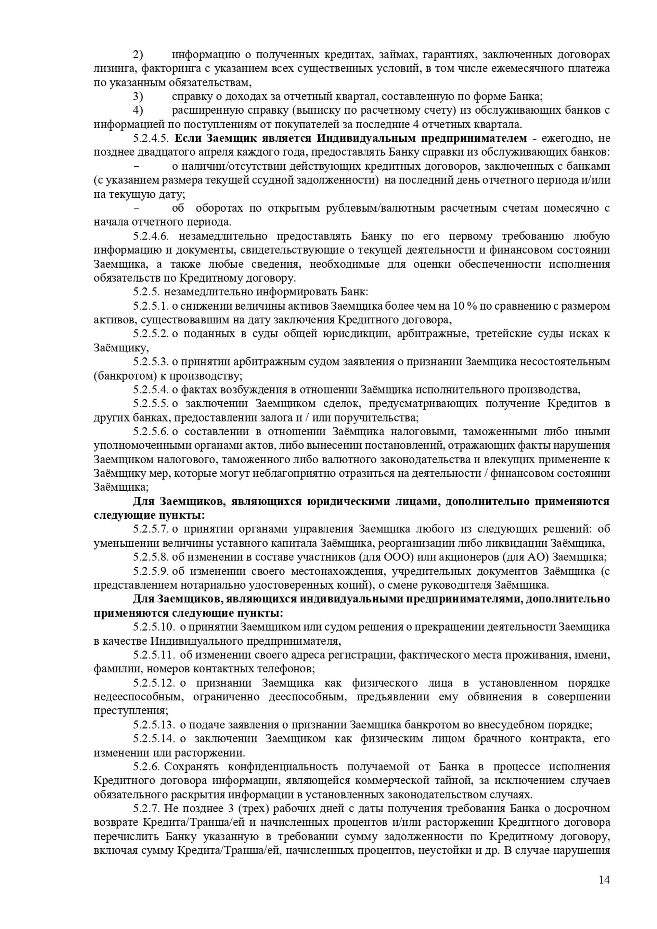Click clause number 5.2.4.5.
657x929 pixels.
[x=151, y=138]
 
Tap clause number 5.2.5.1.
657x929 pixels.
[x=151, y=306]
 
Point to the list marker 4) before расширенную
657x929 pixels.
[x=138, y=111]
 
